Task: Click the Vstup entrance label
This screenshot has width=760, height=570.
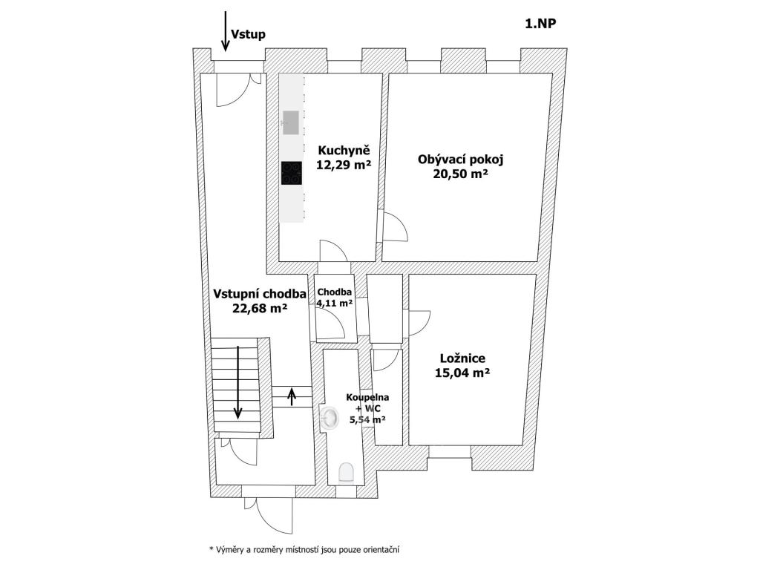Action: click(x=248, y=34)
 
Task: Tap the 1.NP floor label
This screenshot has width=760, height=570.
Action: click(x=541, y=22)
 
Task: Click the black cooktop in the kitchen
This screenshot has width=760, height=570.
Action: click(x=292, y=173)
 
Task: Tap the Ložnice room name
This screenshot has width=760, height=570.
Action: click(x=462, y=358)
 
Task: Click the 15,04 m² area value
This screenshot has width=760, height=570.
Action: click(x=462, y=373)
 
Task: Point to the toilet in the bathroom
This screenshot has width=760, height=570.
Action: click(x=346, y=472)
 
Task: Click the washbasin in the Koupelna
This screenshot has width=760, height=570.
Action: click(x=329, y=419)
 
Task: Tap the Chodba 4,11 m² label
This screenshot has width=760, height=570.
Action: click(x=334, y=297)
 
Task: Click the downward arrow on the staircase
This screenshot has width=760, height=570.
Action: click(x=237, y=382)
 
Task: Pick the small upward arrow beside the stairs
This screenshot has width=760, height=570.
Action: click(x=291, y=396)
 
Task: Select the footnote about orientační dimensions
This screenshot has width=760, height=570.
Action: click(x=305, y=550)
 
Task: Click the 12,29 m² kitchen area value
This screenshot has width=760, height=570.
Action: click(x=344, y=166)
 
